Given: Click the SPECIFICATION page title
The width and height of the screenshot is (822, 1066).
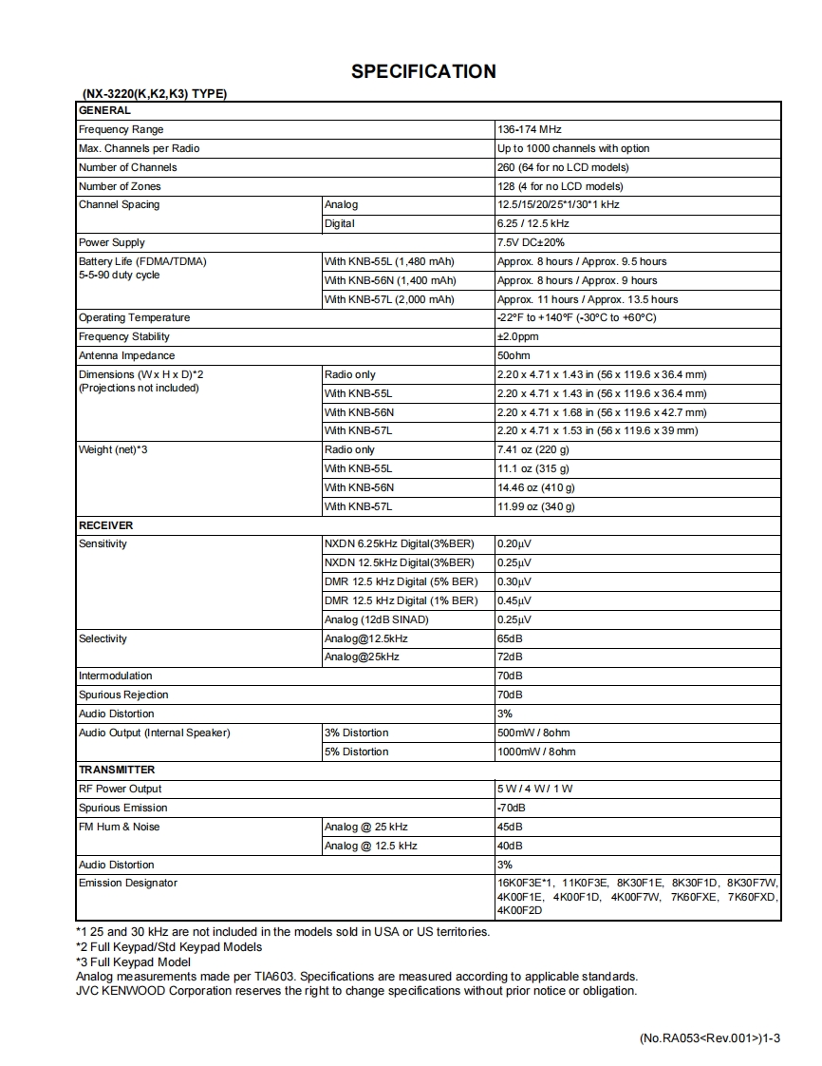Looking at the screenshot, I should (x=423, y=71).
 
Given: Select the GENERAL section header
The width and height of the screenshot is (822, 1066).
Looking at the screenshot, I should (x=104, y=110).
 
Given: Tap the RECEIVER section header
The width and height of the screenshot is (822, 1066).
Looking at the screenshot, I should (x=105, y=525).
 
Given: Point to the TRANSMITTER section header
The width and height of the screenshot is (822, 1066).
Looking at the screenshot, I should (x=117, y=770).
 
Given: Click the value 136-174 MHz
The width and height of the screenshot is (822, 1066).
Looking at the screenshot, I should (x=531, y=129).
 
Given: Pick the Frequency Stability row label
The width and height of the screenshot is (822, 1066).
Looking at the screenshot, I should (x=124, y=336).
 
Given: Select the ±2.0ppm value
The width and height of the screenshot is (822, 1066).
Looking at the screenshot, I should (x=518, y=336).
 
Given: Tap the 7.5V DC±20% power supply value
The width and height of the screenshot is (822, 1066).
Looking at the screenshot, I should (x=531, y=242).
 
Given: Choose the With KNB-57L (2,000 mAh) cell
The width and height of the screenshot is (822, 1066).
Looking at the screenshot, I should (x=389, y=299).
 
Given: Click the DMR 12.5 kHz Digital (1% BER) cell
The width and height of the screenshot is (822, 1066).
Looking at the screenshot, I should (x=401, y=600).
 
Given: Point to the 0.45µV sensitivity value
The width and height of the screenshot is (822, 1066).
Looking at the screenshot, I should (x=514, y=600).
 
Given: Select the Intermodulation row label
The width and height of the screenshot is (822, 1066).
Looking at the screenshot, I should (x=115, y=676).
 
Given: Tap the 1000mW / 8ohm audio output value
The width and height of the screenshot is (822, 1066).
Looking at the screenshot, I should (x=536, y=752).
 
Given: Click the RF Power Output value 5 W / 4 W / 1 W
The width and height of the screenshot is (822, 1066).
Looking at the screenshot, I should (x=535, y=789).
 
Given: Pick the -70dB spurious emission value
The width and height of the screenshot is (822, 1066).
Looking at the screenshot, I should (x=512, y=808).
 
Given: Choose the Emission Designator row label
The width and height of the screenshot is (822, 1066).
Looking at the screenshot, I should (x=128, y=883).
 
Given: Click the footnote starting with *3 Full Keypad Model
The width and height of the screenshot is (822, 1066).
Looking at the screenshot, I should (x=133, y=961).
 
